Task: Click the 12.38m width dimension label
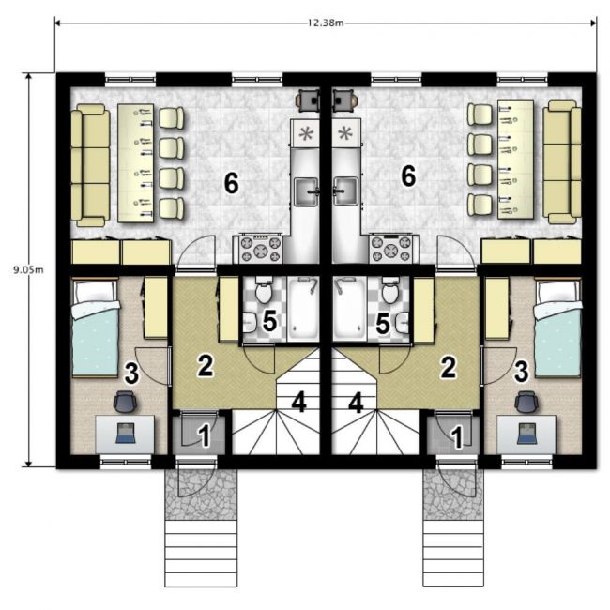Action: [326, 23]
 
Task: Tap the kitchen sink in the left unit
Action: [307, 191]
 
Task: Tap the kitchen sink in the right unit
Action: [345, 191]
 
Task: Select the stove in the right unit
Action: [391, 249]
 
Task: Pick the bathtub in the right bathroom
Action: [349, 310]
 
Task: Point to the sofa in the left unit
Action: [90, 165]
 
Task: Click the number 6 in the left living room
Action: [232, 184]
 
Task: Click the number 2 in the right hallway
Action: [448, 367]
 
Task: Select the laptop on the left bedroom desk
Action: [125, 433]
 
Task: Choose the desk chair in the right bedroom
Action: [526, 402]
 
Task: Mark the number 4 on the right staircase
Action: [356, 403]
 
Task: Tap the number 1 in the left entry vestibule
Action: [204, 435]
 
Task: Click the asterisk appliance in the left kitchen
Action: [306, 133]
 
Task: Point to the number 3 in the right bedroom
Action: [521, 371]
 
